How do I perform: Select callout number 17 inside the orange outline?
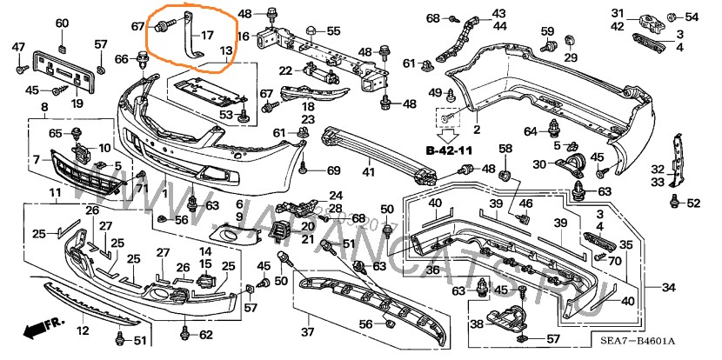(207, 36)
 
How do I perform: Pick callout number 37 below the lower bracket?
(308, 332)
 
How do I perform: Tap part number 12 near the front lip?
(84, 330)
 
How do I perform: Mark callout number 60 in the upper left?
(62, 22)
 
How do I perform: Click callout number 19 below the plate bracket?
(77, 103)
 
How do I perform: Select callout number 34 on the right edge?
(669, 288)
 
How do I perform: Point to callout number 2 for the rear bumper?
(477, 130)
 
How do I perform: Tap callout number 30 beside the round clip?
(539, 164)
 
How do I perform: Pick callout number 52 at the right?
(693, 203)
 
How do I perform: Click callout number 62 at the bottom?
(205, 335)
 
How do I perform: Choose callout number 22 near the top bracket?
(284, 70)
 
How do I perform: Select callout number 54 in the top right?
(692, 17)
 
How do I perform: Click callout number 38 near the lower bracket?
(477, 323)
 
